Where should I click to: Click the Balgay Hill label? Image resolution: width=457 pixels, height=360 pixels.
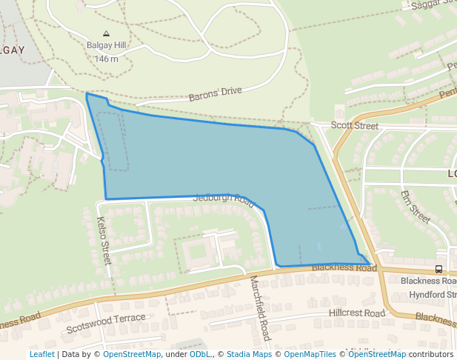(x=107, y=46)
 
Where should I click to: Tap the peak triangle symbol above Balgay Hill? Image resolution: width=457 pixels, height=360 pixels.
(x=107, y=34)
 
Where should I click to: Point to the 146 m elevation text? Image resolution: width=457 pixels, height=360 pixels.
(x=107, y=59)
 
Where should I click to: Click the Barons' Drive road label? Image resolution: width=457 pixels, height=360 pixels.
(x=216, y=94)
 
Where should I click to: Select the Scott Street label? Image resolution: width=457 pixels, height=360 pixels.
(x=355, y=126)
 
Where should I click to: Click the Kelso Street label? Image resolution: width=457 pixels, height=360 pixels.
(x=104, y=241)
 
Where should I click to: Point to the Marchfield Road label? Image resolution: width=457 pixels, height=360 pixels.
(x=260, y=308)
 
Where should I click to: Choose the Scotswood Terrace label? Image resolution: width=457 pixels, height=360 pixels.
(x=106, y=322)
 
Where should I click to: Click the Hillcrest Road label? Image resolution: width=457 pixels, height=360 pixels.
(x=357, y=314)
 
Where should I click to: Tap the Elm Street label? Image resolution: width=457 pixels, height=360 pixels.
(x=415, y=207)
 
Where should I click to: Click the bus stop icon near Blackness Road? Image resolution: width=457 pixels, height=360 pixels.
(x=439, y=270)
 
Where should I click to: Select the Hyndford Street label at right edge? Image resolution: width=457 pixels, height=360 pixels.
(x=428, y=295)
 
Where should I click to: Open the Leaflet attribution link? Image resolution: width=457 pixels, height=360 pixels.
(x=41, y=354)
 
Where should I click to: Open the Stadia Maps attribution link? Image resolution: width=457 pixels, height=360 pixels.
(x=249, y=354)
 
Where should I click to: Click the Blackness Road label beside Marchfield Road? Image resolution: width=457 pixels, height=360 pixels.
(x=344, y=267)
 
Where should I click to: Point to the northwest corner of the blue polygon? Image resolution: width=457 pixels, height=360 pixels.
(x=87, y=94)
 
